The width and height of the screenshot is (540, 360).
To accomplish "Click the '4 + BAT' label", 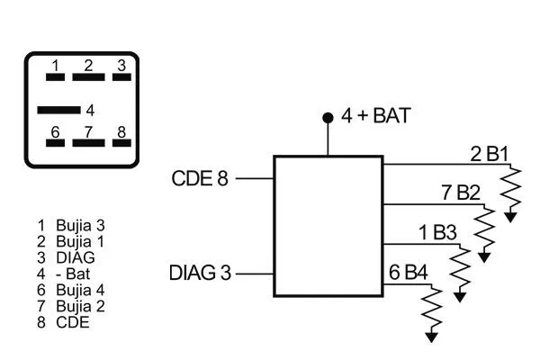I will point(376,116).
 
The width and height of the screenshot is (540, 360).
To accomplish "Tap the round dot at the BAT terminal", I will point(328,118).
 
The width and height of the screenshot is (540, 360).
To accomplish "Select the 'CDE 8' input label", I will point(200,178).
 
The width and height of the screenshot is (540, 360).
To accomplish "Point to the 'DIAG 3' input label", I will point(200,273).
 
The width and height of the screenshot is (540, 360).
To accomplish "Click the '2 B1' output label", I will point(490,154).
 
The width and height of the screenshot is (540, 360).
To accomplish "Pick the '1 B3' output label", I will point(437,233).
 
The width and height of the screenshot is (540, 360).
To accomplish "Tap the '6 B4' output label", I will point(409,273).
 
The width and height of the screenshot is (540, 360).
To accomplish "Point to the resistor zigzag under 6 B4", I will point(433,307).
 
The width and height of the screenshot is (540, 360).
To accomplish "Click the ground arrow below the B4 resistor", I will point(433,337).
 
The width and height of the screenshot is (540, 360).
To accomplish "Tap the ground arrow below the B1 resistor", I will point(512,216).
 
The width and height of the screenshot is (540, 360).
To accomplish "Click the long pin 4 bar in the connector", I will point(58,111).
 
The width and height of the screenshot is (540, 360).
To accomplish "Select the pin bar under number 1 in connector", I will point(55,77).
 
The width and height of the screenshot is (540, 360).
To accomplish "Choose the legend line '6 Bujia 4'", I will point(71,290).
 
